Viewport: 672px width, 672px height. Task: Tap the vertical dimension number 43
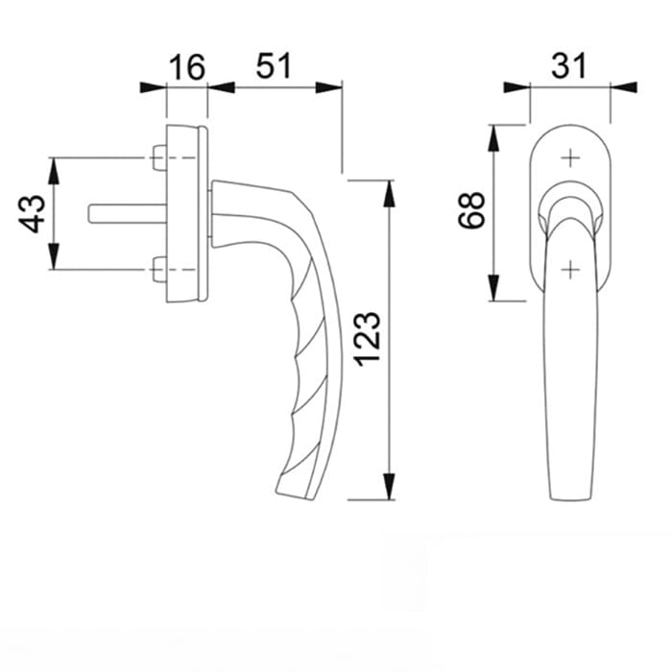(33, 213)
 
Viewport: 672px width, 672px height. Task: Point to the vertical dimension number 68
(471, 210)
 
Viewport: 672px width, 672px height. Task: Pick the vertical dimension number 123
(370, 337)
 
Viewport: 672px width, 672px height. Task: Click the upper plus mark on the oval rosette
(570, 157)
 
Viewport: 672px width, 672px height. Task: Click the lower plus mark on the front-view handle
(570, 270)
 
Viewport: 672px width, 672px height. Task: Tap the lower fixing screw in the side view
(158, 271)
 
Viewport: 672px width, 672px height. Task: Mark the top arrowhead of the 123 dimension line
(390, 190)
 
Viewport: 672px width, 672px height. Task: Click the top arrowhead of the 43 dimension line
(55, 169)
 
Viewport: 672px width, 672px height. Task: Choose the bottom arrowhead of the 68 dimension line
(493, 288)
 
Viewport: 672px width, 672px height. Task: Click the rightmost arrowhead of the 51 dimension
(330, 87)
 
